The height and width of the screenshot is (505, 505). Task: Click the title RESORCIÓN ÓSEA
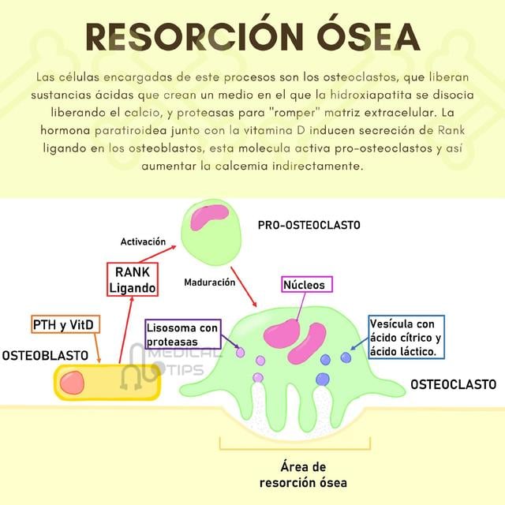pyautogui.click(x=252, y=37)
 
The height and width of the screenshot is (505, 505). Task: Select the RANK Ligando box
pyautogui.click(x=133, y=279)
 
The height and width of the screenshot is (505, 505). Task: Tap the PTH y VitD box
pyautogui.click(x=65, y=324)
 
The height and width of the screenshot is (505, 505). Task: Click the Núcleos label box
pyautogui.click(x=307, y=284)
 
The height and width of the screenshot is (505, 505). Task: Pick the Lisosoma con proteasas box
pyautogui.click(x=183, y=335)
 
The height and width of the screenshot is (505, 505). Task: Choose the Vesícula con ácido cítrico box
pyautogui.click(x=406, y=337)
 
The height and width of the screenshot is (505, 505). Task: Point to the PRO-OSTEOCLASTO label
pyautogui.click(x=309, y=225)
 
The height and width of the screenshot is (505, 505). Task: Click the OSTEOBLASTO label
pyautogui.click(x=45, y=356)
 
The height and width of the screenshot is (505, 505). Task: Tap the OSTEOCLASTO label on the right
pyautogui.click(x=453, y=384)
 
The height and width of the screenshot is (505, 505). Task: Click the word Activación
pyautogui.click(x=143, y=241)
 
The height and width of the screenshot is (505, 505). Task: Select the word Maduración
pyautogui.click(x=210, y=282)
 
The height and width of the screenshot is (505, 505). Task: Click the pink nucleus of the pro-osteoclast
pyautogui.click(x=209, y=218)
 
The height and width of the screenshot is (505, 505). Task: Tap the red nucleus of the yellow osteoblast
pyautogui.click(x=72, y=383)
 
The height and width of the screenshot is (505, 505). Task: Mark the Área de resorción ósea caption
pyautogui.click(x=303, y=475)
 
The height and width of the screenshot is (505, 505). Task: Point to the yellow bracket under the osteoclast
pyautogui.click(x=295, y=448)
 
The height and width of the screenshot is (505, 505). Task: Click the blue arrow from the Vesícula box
pyautogui.click(x=359, y=344)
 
